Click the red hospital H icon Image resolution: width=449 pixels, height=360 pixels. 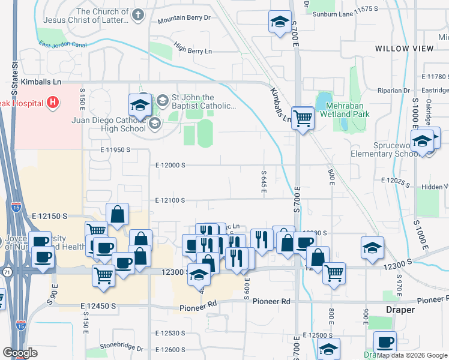point(53,103)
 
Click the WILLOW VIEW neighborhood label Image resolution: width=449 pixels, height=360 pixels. point(403,48)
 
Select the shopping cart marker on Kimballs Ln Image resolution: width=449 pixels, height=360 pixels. point(303,118)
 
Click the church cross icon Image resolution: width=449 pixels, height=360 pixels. point(138,15)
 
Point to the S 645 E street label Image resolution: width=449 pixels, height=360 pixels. point(264,177)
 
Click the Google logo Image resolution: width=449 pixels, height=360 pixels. point(20,353)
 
